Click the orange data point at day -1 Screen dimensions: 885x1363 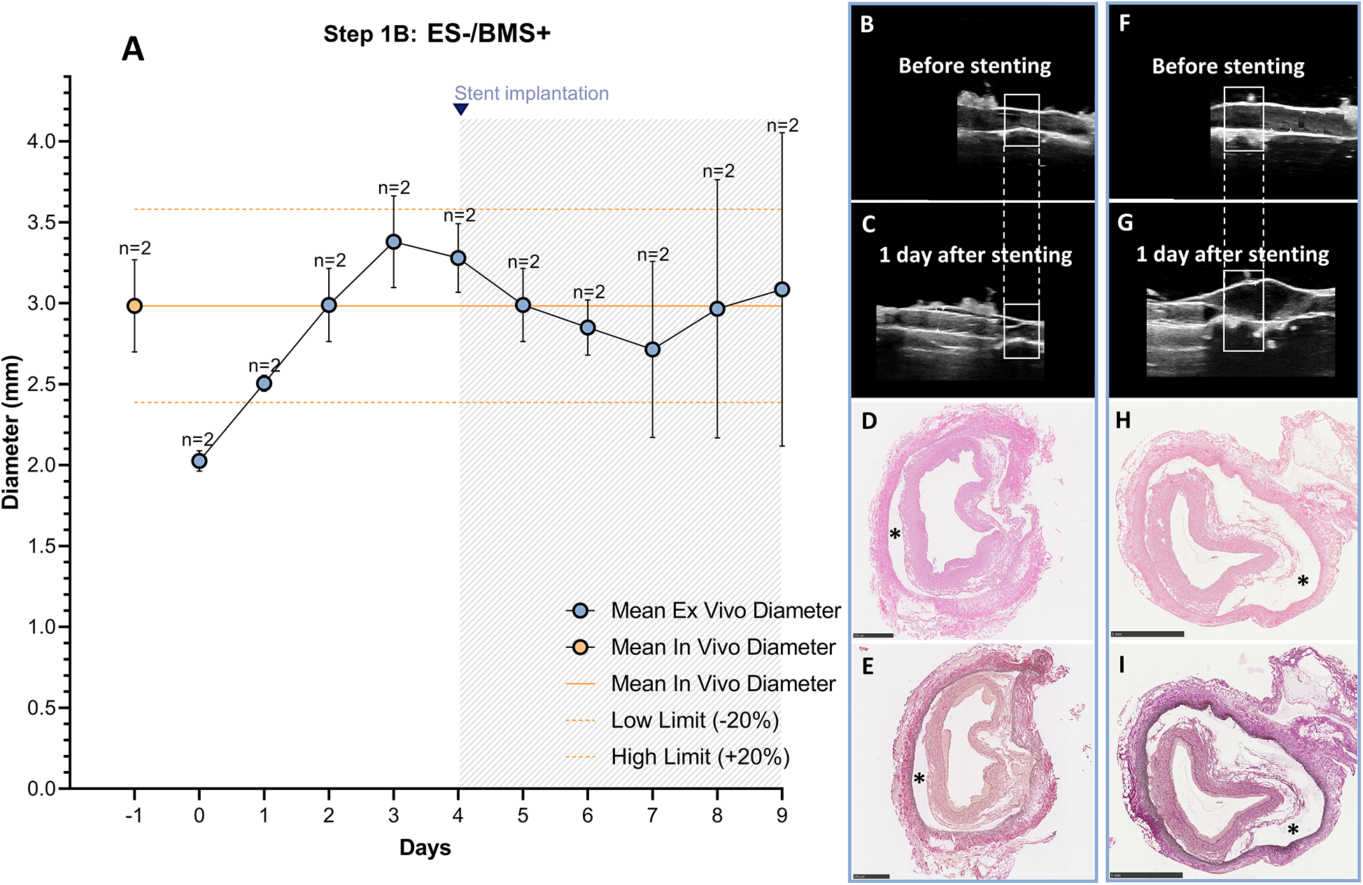coord(134,306)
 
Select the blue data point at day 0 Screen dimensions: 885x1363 coord(199,461)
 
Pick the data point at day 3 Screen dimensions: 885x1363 coord(394,242)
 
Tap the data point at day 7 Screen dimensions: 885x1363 coord(652,349)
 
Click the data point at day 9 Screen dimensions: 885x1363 coord(782,290)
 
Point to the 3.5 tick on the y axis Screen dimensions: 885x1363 coord(41,222)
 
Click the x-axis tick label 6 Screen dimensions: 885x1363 coord(588,816)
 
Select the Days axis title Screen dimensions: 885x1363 coord(425,848)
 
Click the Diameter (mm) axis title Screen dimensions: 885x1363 coord(12,432)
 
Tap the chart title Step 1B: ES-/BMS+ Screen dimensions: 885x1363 coord(437,34)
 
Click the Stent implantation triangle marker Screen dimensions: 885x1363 coord(460,109)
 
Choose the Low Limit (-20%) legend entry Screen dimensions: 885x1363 coord(694,721)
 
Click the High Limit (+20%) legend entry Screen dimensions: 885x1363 coord(700,757)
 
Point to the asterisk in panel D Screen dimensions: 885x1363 coord(895,535)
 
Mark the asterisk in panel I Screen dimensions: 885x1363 coord(1293,830)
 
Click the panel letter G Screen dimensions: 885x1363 coord(1125,223)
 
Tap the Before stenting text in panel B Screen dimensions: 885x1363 coord(975,66)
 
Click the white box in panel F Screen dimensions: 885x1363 coord(1243,119)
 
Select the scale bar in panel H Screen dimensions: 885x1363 coord(1147,634)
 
